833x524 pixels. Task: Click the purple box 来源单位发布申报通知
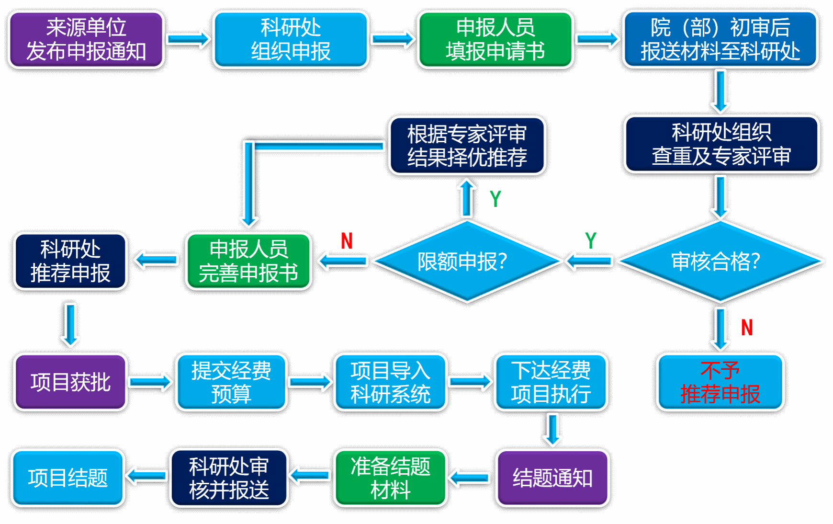point(86,40)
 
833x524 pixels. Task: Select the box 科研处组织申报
point(291,40)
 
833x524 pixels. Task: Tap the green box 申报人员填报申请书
point(495,40)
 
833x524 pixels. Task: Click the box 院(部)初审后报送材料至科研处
point(720,40)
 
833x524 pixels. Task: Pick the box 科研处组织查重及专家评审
point(721,144)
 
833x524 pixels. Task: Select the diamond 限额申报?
point(467,261)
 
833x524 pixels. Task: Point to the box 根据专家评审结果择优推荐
point(467,146)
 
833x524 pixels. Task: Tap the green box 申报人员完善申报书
point(248,261)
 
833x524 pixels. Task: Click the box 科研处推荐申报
point(70,261)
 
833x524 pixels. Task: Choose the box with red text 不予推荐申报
point(720,382)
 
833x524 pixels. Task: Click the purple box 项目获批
point(70,382)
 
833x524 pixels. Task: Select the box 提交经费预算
point(231,382)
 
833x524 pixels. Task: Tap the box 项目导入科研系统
point(390,382)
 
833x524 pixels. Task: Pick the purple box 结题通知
point(552,478)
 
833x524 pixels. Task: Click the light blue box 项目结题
point(68,478)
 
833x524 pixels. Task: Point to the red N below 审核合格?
point(747,328)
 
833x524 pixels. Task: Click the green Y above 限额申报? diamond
point(495,199)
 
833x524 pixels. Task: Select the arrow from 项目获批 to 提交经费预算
point(151,382)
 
